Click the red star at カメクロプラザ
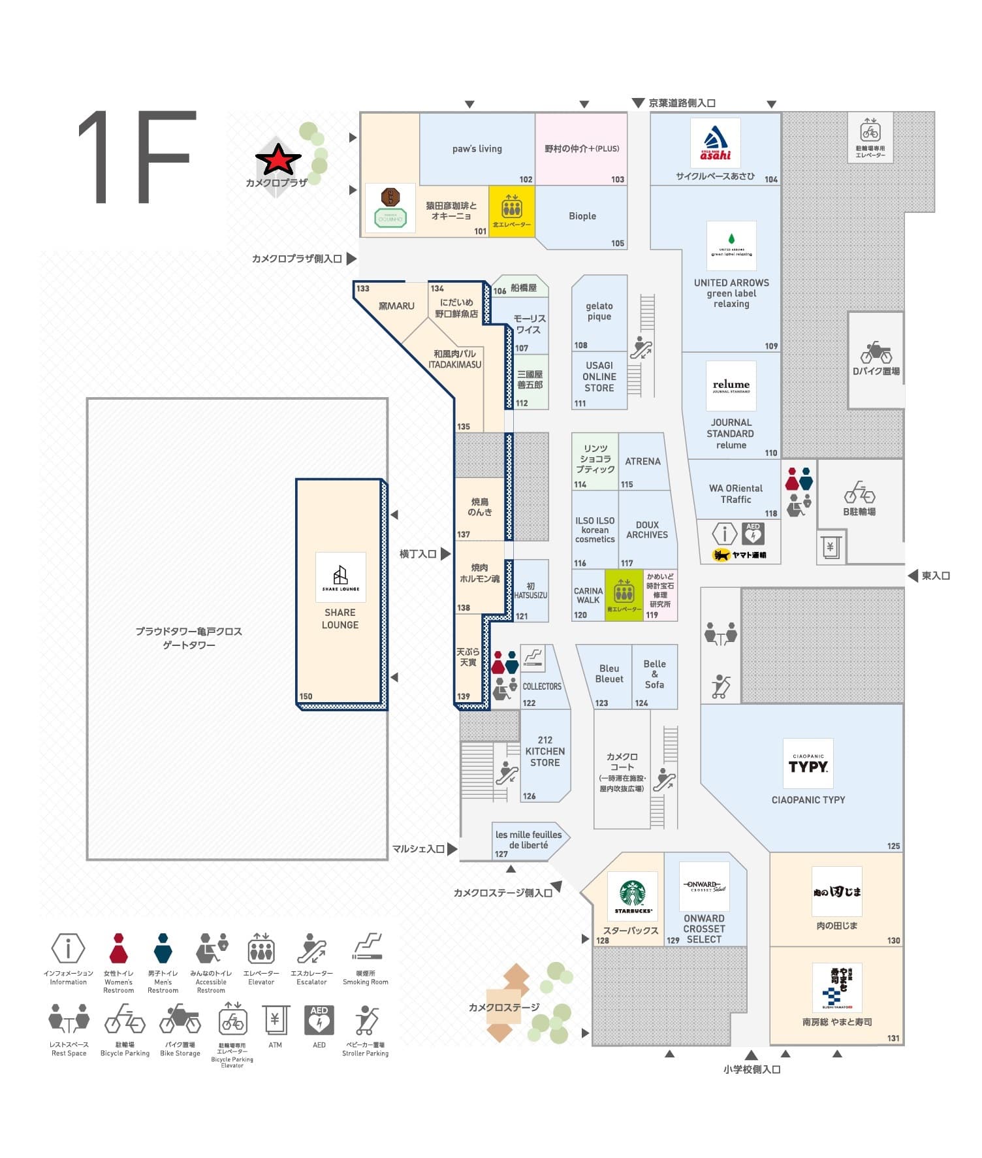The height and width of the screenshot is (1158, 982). (x=278, y=159)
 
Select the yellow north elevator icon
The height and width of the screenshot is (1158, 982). (x=512, y=208)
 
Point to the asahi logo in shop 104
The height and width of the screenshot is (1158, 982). (x=716, y=143)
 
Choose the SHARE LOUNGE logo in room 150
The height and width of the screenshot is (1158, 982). (x=340, y=577)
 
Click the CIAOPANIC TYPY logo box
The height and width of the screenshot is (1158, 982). (x=808, y=764)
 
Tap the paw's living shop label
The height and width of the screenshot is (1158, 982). (x=477, y=149)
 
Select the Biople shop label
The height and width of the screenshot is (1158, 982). (x=582, y=216)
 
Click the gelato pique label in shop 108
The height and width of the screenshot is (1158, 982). (x=599, y=311)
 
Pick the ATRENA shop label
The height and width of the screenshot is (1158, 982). (x=642, y=461)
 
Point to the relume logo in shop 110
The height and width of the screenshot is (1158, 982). (x=731, y=386)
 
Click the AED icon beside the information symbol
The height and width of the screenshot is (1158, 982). (x=753, y=534)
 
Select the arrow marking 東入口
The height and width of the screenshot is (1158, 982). (x=913, y=575)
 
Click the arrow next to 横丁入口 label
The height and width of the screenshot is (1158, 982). (x=445, y=554)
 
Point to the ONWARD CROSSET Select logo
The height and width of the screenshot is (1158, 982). (x=704, y=886)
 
